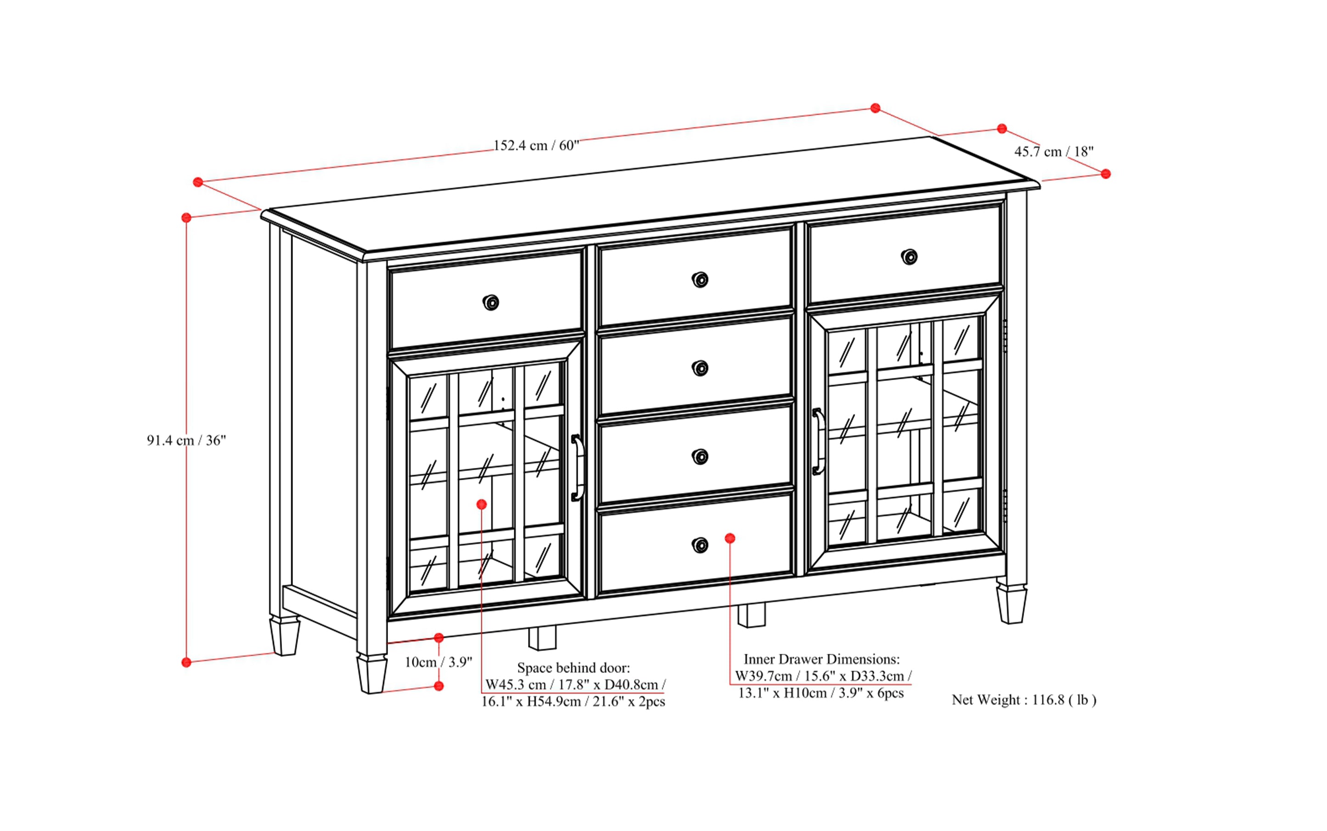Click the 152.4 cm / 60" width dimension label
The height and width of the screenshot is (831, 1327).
[536, 146]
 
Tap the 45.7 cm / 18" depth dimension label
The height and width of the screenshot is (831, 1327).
[1053, 152]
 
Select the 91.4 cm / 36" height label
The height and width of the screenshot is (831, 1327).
[186, 440]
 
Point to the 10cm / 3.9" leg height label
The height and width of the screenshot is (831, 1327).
[438, 662]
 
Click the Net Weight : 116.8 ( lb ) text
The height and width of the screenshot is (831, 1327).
[1023, 700]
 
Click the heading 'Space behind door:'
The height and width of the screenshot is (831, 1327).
[574, 668]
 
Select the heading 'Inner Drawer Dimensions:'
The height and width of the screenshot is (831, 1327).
[821, 659]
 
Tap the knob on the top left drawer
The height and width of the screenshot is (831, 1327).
[490, 302]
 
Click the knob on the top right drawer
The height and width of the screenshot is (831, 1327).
[909, 257]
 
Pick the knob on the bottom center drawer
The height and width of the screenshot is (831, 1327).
[700, 545]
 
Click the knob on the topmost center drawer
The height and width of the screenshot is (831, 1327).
[700, 280]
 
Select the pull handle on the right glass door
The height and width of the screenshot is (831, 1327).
[817, 441]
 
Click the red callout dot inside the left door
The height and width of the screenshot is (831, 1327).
[482, 504]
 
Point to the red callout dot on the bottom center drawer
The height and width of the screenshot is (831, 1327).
[730, 539]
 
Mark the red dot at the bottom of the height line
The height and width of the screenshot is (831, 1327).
[186, 662]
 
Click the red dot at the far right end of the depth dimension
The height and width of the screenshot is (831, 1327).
[1106, 174]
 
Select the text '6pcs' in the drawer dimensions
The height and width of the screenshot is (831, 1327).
[890, 693]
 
